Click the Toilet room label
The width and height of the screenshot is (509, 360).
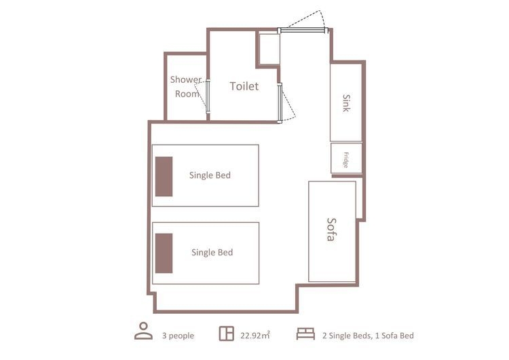click(244, 86)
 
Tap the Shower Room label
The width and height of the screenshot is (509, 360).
click(186, 86)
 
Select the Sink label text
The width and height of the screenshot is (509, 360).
click(346, 103)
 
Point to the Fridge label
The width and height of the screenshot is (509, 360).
click(346, 160)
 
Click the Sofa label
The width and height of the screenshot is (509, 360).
click(331, 230)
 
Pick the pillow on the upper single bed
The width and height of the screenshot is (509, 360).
click(164, 177)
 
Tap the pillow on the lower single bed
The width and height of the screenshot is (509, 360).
click(164, 253)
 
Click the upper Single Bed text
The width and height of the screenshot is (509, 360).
click(210, 175)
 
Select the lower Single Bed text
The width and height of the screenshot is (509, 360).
click(212, 252)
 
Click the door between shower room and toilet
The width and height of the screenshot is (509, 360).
click(208, 97)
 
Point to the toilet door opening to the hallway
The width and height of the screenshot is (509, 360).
click(280, 103)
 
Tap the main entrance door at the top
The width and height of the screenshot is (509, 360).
click(303, 30)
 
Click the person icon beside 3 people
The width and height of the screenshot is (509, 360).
click(143, 331)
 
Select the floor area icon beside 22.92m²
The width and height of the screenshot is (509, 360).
click(226, 334)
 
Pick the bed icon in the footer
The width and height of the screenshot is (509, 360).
click(305, 334)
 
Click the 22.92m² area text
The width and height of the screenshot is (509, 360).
click(255, 336)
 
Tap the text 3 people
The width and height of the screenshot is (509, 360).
click(178, 336)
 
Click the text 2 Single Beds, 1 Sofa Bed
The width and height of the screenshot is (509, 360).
click(368, 336)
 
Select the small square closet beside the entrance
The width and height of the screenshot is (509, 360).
click(269, 49)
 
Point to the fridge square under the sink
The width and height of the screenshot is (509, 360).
click(346, 158)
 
